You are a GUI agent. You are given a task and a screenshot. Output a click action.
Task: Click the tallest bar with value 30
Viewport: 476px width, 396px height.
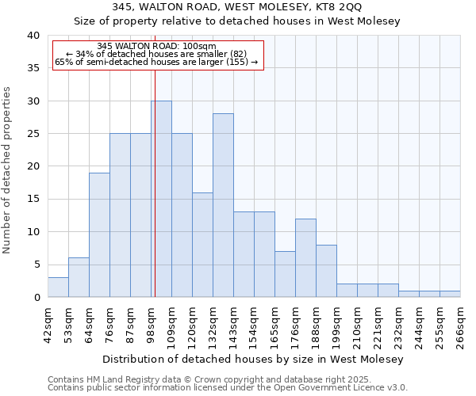click(x=161, y=199)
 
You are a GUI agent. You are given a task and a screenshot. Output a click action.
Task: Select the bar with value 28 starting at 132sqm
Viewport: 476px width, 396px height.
click(x=223, y=205)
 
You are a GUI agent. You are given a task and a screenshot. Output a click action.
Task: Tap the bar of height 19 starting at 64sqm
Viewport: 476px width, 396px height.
click(x=99, y=235)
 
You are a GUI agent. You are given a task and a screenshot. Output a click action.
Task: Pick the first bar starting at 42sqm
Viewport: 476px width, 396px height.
click(x=58, y=287)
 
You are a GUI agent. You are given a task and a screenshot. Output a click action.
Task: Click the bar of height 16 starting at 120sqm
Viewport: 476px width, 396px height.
click(x=202, y=245)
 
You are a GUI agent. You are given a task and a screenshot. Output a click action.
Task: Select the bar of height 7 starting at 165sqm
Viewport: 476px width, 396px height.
click(x=285, y=274)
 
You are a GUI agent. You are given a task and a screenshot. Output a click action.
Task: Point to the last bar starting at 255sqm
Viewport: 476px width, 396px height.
click(x=450, y=294)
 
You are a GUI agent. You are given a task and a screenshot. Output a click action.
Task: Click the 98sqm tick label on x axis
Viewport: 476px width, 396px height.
click(x=151, y=323)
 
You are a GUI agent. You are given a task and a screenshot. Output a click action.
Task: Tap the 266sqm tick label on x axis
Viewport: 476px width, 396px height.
click(x=460, y=323)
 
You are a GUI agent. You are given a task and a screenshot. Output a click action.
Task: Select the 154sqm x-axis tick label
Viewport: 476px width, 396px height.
click(x=254, y=323)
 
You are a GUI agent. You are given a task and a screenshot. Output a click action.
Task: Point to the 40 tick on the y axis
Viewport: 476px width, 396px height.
click(x=33, y=36)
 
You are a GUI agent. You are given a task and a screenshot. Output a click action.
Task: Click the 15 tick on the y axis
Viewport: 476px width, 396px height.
click(x=33, y=200)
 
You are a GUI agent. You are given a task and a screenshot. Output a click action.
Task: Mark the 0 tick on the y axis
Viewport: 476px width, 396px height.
click(x=36, y=298)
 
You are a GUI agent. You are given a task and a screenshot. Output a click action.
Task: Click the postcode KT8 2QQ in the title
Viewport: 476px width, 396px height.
click(x=335, y=7)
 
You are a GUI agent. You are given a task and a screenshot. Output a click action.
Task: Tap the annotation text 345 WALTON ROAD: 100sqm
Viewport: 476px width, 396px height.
click(x=156, y=46)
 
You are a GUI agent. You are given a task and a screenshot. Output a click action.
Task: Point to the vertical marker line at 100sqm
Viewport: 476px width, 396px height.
click(x=155, y=182)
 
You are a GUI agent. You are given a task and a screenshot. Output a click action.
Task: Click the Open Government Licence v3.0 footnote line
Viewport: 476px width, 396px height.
click(x=228, y=388)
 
